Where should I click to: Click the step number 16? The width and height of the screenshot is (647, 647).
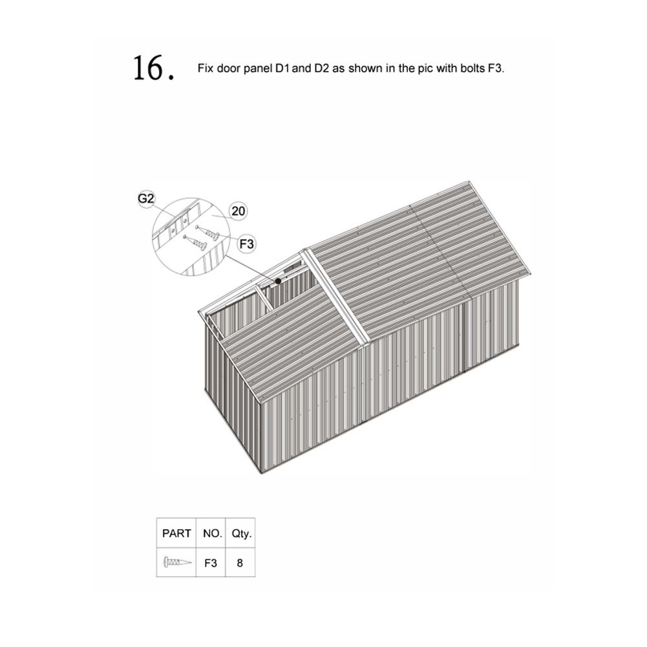153,68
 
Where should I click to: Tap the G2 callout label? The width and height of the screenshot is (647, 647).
145,198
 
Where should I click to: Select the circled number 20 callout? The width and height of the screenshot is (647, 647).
239,211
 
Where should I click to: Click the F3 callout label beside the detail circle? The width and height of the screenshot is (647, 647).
246,244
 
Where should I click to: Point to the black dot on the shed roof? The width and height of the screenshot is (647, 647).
278,281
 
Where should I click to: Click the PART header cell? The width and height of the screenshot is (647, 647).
176,533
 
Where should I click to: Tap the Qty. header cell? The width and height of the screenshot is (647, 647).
241,533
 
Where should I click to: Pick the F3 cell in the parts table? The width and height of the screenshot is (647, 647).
211,563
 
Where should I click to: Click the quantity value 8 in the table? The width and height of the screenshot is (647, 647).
240,563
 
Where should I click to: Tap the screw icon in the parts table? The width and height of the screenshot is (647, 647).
178,562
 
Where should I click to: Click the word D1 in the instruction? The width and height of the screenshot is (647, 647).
282,68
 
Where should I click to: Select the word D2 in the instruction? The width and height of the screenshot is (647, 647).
321,68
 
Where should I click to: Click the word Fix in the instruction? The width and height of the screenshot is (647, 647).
206,68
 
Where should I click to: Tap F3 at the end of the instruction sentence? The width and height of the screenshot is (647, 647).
496,68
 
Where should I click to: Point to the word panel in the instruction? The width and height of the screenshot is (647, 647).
258,69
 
